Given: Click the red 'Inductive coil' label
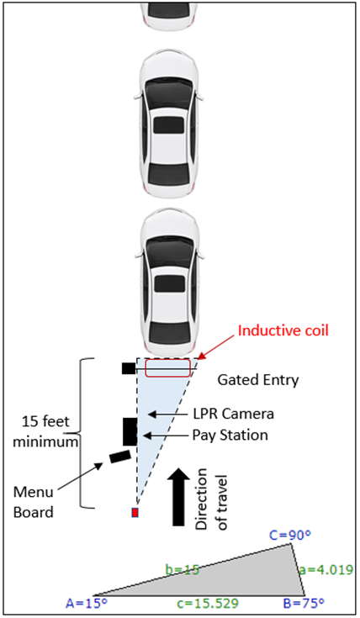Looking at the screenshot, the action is [x=283, y=330].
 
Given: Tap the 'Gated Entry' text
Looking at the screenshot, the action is [x=258, y=380].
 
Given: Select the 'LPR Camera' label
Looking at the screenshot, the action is [x=234, y=414].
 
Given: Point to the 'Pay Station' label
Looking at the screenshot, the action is [x=230, y=436].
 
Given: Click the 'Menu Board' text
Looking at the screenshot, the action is [x=33, y=502].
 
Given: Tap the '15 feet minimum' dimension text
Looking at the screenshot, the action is [x=45, y=431].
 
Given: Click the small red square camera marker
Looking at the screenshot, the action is [x=135, y=512].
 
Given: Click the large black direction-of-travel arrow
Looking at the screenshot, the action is [x=178, y=497].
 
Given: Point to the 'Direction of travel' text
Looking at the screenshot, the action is [x=212, y=499].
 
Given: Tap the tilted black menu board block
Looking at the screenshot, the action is [x=120, y=457].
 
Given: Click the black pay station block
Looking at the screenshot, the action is [x=130, y=431].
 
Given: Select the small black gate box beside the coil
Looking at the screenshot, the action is [x=129, y=368].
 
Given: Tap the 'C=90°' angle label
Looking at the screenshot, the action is [x=290, y=536].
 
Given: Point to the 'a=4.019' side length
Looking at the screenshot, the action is [x=326, y=570].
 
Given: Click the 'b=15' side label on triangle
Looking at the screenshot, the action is [x=182, y=569].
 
